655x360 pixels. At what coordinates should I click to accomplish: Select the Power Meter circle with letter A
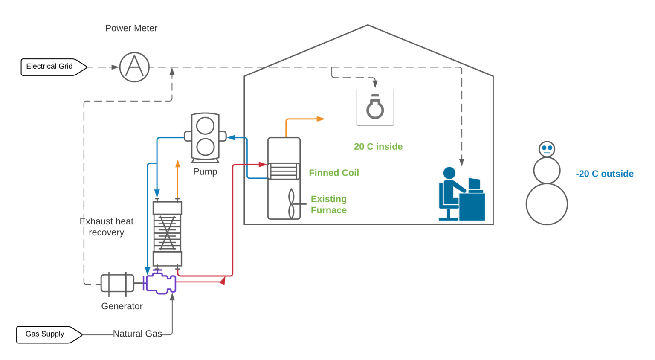tap(134, 67)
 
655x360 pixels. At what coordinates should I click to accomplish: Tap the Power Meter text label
tap(131, 28)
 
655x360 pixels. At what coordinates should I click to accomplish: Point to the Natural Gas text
tap(137, 334)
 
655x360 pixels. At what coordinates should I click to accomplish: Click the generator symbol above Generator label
tap(117, 283)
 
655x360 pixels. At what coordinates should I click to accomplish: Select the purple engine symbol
tap(160, 282)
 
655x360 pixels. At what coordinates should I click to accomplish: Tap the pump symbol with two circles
tap(205, 137)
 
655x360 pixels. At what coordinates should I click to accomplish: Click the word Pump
tap(205, 171)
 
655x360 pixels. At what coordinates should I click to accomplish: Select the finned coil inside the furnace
tap(284, 171)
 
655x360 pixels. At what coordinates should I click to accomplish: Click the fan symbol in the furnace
tap(292, 204)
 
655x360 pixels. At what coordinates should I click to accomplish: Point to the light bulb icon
tap(375, 107)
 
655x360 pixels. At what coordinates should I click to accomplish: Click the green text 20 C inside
tap(378, 147)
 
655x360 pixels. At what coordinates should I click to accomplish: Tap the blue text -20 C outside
tap(604, 174)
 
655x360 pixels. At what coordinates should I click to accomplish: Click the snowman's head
tap(547, 149)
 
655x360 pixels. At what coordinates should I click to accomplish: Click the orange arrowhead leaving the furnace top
tap(321, 119)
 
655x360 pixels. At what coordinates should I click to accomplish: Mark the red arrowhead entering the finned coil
tap(263, 164)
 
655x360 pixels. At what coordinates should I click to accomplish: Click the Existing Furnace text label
tap(328, 205)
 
